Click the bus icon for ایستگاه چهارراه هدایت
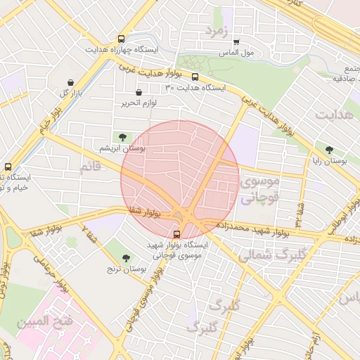pyautogui.click(x=122, y=40)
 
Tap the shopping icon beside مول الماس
pyautogui.click(x=236, y=42)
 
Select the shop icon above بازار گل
pyautogui.click(x=71, y=83)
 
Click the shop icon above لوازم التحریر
pyautogui.click(x=138, y=93)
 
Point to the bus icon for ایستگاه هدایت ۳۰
pyautogui.click(x=195, y=77)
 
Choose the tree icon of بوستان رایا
pyautogui.click(x=329, y=149)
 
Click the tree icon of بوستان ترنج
pyautogui.click(x=126, y=258)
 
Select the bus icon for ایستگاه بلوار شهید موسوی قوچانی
pyautogui.click(x=176, y=234)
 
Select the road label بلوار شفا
pyautogui.click(x=146, y=211)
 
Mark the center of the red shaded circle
pyautogui.click(x=180, y=179)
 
